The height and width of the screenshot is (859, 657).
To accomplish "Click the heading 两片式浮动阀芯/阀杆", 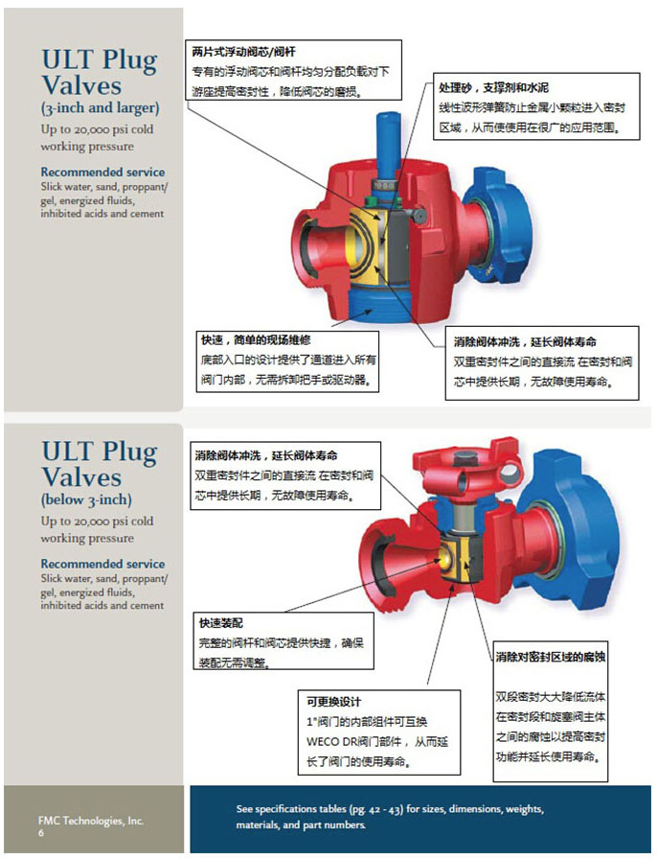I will click(234, 52).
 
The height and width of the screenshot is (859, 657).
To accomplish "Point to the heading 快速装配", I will click(220, 622).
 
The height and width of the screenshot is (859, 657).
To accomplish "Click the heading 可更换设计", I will click(328, 702).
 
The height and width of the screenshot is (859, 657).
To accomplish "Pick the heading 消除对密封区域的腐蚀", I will click(550, 657).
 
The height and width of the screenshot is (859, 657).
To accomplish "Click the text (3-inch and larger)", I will click(100, 107).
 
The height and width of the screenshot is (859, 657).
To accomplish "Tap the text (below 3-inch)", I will click(86, 499).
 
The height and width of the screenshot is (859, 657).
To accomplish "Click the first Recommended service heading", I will click(102, 173).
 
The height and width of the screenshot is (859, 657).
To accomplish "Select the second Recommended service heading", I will click(102, 564).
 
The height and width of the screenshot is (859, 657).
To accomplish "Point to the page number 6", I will click(41, 834).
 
